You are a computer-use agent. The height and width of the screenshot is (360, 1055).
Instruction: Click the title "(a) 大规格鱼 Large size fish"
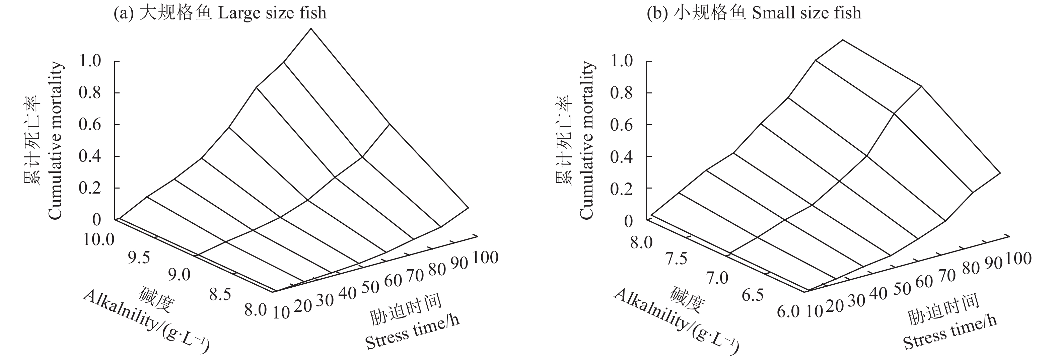click(220, 13)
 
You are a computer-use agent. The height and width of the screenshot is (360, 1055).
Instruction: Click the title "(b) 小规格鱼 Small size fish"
click(754, 13)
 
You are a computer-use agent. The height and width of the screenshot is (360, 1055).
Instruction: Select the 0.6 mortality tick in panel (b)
click(621, 125)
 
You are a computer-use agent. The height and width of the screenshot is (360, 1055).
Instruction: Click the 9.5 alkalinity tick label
click(139, 258)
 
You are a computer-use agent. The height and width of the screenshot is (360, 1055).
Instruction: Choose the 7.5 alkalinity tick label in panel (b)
click(676, 259)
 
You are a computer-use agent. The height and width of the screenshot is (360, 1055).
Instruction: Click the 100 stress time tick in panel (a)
click(485, 258)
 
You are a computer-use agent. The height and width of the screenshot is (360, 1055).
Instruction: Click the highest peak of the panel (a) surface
click(311, 29)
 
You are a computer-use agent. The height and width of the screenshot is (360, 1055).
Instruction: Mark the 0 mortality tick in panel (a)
click(97, 220)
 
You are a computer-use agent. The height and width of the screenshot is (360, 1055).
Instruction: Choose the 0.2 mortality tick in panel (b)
click(621, 189)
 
